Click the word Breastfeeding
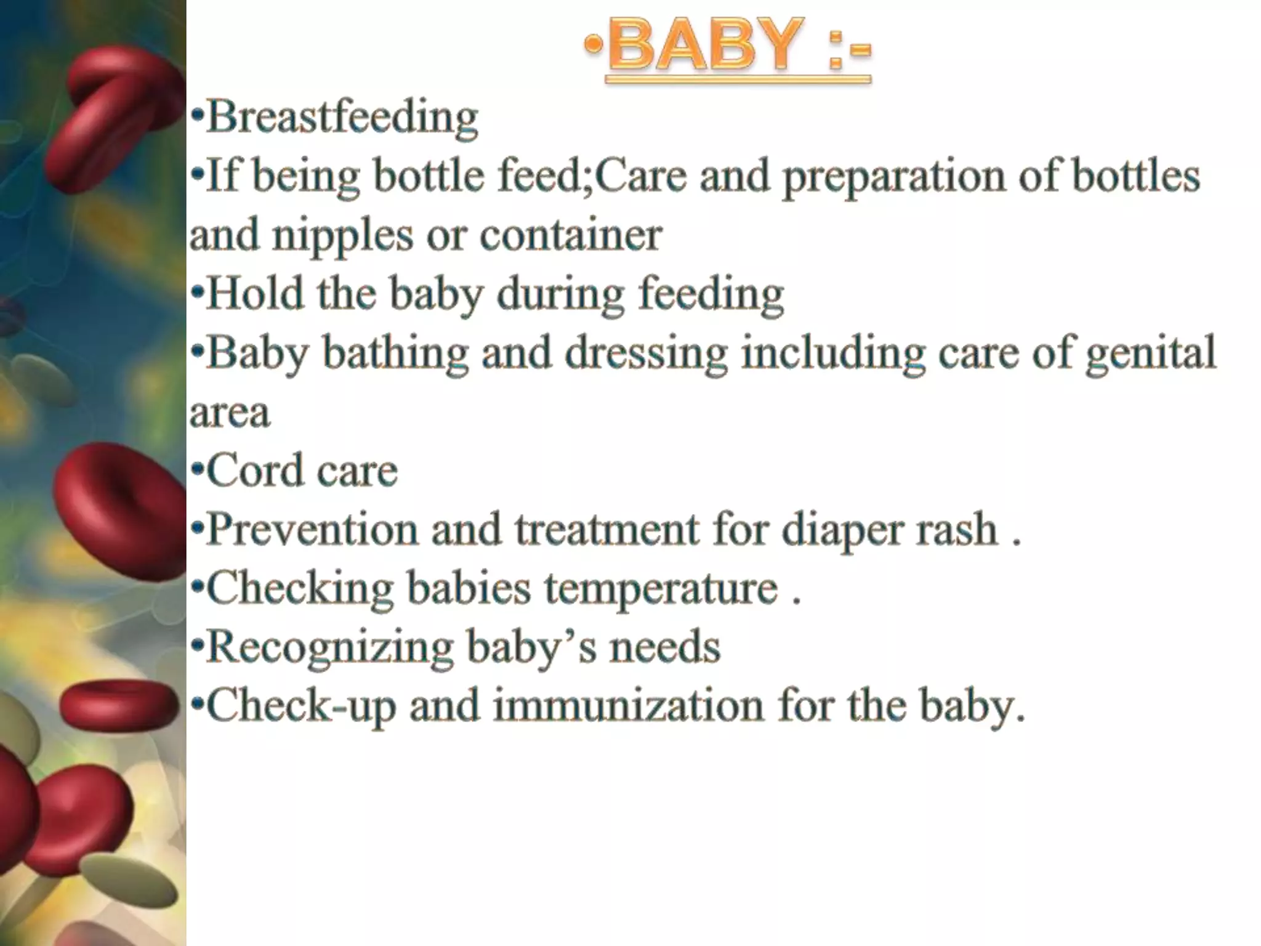coord(342,117)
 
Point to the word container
coord(570,235)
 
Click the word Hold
coord(255,293)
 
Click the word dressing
coord(647,354)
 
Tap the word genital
coord(1151,354)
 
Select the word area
coord(230,413)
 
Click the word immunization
coord(628,706)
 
